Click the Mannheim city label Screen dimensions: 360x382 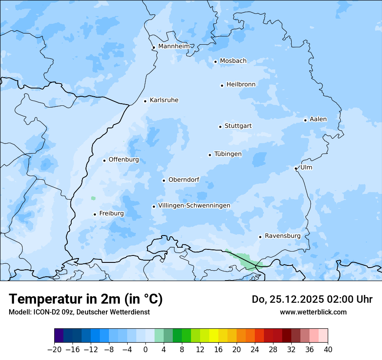[x=174, y=46]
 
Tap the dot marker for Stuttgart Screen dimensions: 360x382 [x=220, y=127]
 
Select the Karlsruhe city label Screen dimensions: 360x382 [x=164, y=100]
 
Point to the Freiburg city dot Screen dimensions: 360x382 [x=95, y=214]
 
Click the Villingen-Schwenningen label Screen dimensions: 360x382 [x=194, y=206]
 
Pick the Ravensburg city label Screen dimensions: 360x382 [x=283, y=236]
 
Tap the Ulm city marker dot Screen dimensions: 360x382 [x=296, y=168]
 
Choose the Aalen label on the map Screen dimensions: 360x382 [x=318, y=119]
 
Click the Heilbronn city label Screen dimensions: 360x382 [x=241, y=85]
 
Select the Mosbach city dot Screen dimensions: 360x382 [x=215, y=62]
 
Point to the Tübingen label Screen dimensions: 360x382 [x=228, y=154]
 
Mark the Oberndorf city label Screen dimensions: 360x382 [x=184, y=180]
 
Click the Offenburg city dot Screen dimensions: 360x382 [x=104, y=160]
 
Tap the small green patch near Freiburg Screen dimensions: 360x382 [x=93, y=198]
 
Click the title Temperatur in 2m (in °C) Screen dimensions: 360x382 [x=86, y=299]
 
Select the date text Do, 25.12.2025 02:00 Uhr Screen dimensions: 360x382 [x=312, y=299]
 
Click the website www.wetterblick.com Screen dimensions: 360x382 [x=313, y=312]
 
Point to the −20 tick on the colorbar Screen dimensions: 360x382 [x=54, y=349]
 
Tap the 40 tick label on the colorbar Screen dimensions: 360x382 [x=328, y=349]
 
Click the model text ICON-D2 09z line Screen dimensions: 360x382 [x=79, y=312]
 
